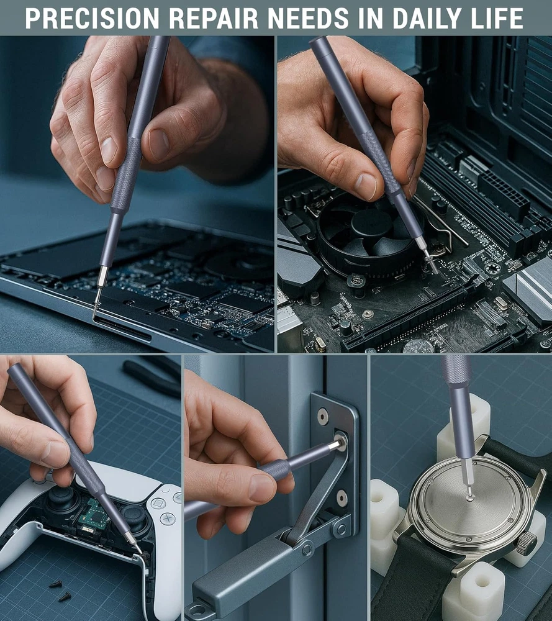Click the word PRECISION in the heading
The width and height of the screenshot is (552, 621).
93,18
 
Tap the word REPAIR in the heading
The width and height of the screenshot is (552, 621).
214,18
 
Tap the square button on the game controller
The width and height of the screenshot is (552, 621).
158,504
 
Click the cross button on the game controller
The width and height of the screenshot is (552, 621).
167,518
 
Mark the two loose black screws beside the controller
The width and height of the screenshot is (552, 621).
61,590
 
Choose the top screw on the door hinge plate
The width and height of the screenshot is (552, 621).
323,415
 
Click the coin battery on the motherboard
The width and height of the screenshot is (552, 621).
419,346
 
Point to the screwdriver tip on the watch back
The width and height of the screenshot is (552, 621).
469,495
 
